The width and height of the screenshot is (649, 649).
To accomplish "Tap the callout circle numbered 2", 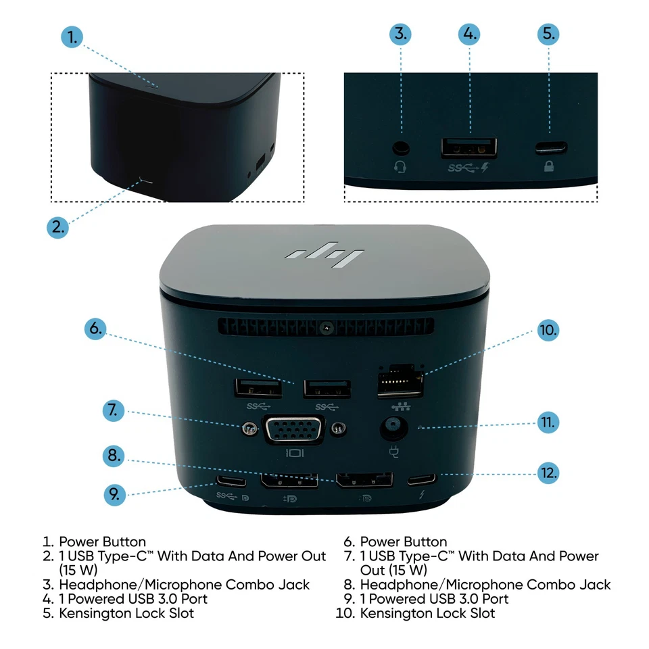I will coord(59,227).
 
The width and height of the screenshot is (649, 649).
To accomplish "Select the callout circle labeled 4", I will coord(468,34).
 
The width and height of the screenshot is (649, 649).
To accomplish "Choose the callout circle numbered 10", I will coord(548,331).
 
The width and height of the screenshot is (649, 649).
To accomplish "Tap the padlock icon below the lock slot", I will coord(548,166).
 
